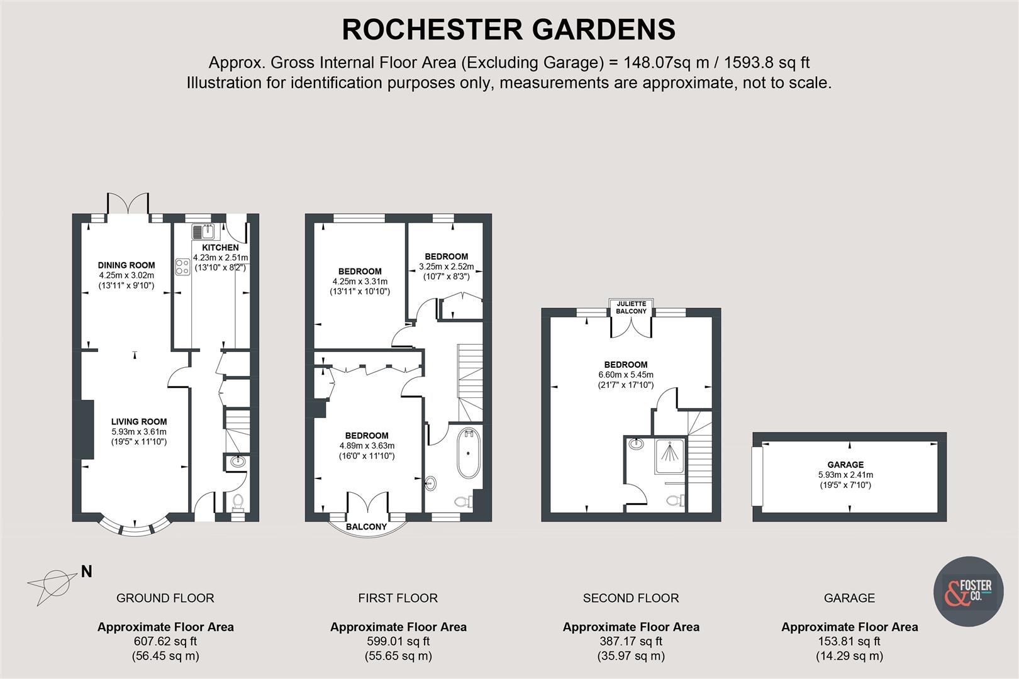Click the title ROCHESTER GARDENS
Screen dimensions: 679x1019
[x=508, y=30]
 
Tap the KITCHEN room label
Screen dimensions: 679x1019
[x=220, y=248]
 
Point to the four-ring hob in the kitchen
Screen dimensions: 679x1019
[x=182, y=267]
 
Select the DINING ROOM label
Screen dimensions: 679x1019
[x=126, y=265]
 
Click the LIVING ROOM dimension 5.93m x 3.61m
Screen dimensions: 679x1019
[x=139, y=432]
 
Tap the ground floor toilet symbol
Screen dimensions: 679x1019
[x=237, y=501]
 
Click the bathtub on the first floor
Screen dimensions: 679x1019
[x=467, y=453]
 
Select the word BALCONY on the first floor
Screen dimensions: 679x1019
[x=367, y=527]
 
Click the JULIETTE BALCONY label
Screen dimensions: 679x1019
[x=631, y=307]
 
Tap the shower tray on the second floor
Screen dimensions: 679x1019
[x=670, y=456]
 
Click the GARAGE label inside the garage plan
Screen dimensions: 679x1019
[x=845, y=465]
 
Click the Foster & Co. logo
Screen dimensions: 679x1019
[x=967, y=591]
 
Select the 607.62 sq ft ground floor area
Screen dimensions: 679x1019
[x=165, y=641]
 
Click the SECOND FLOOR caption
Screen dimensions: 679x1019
[x=631, y=598]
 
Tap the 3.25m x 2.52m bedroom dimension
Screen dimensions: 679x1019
[x=447, y=267]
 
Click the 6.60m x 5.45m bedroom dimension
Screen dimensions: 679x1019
[x=626, y=375]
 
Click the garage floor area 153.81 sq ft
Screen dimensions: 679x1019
[x=849, y=641]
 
